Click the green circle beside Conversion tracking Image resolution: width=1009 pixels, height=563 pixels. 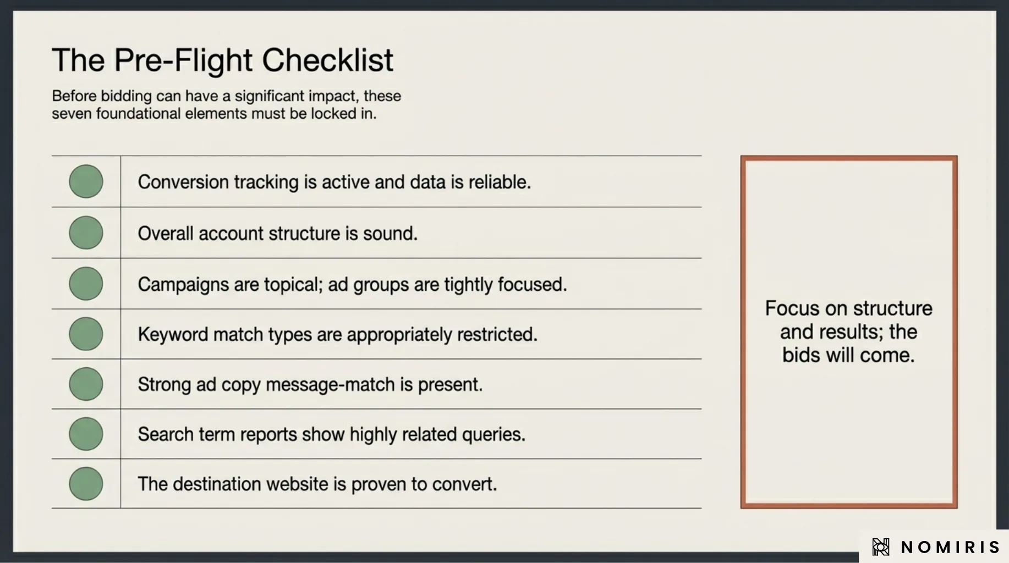tap(86, 181)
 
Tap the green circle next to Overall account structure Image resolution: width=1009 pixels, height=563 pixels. tap(86, 233)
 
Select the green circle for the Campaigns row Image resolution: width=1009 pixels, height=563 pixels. tap(86, 284)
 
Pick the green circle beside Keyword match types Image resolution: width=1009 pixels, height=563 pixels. tap(86, 334)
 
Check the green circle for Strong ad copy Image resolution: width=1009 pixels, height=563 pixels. tap(86, 384)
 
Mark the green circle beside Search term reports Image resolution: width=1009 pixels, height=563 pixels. tap(86, 434)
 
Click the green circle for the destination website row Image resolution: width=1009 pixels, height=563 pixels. tap(86, 484)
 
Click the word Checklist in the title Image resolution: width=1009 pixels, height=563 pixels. tap(327, 60)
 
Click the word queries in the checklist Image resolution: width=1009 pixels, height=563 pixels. tap(493, 435)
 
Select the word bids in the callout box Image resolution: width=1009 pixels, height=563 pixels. tap(802, 355)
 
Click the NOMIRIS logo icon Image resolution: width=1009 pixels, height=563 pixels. tap(880, 547)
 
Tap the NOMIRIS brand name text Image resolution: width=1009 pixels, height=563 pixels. tap(950, 547)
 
